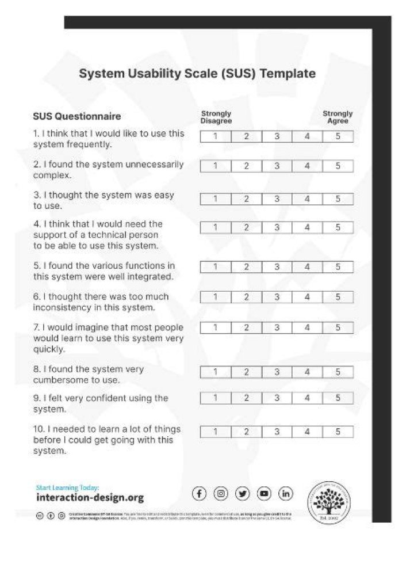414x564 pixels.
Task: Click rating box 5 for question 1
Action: click(x=338, y=137)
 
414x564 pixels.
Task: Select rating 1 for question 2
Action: click(x=215, y=166)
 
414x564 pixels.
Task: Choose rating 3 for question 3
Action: click(x=277, y=199)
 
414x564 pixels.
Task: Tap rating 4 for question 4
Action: click(x=307, y=227)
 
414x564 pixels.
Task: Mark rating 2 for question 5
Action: click(x=246, y=267)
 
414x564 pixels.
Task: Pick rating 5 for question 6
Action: click(x=338, y=298)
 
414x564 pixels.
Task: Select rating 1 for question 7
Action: click(x=215, y=327)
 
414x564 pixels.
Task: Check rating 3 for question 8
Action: click(x=277, y=372)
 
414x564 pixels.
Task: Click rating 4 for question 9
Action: click(x=307, y=398)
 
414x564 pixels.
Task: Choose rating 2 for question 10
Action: click(x=246, y=432)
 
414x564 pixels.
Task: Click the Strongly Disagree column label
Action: click(x=216, y=117)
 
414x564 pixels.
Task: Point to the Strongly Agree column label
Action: click(x=338, y=117)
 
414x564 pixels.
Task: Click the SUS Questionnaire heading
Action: click(x=77, y=117)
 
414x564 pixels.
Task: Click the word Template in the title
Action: click(x=287, y=74)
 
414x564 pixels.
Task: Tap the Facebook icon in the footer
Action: click(x=199, y=494)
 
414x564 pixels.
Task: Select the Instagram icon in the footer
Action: click(x=221, y=494)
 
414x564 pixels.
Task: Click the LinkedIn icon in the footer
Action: click(x=286, y=494)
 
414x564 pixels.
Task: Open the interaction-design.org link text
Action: click(x=90, y=498)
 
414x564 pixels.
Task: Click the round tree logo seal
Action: click(x=328, y=502)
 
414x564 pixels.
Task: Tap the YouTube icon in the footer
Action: click(x=264, y=494)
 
